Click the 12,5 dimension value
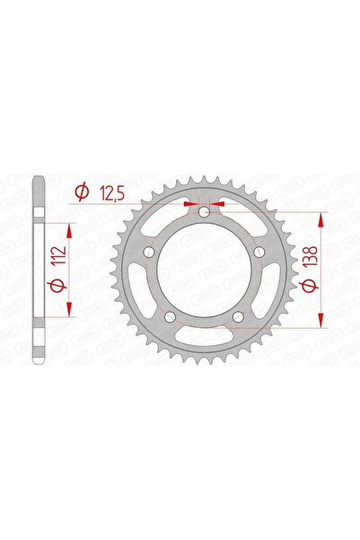[112, 191]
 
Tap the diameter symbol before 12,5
[81, 191]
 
